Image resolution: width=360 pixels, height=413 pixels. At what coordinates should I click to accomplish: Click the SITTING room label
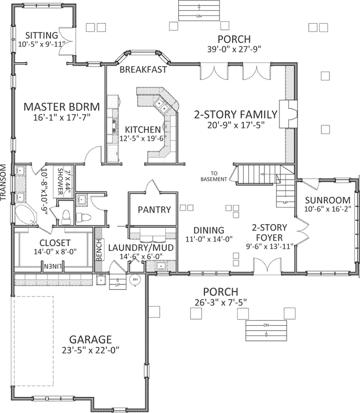pyautogui.click(x=42, y=35)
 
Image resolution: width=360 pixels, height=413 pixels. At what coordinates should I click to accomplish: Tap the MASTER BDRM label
pyautogui.click(x=61, y=107)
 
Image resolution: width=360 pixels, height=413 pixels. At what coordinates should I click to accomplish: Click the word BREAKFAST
pyautogui.click(x=144, y=69)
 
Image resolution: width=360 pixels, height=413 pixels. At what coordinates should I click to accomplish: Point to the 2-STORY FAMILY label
pyautogui.click(x=236, y=114)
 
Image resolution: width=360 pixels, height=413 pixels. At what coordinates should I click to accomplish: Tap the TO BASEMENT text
pyautogui.click(x=215, y=176)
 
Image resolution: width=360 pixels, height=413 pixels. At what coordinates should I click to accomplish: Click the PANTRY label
pyautogui.click(x=154, y=210)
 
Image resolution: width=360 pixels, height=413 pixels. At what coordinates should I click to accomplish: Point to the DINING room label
pyautogui.click(x=209, y=230)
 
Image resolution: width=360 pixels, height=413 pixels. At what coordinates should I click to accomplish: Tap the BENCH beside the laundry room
pyautogui.click(x=99, y=249)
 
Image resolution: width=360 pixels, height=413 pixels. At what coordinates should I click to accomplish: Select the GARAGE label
pyautogui.click(x=90, y=339)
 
